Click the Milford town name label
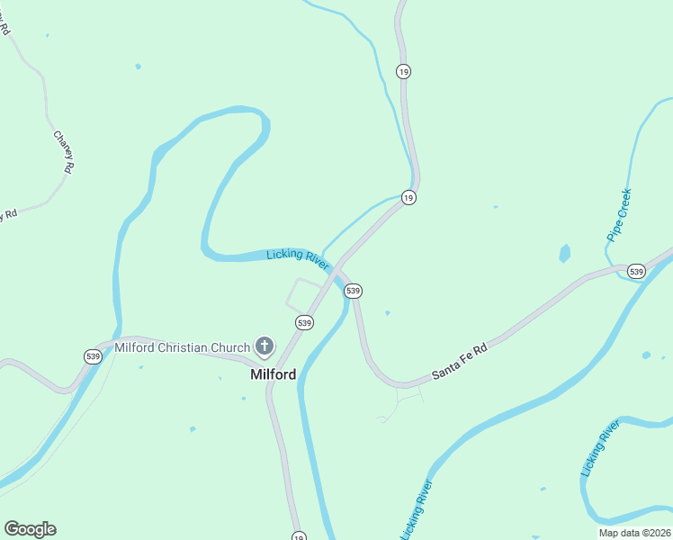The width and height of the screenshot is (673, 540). pos(273,374)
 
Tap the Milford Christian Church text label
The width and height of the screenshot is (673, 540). pos(184,347)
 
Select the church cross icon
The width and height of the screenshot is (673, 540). pos(265,346)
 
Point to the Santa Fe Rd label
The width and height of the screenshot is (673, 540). pos(459,360)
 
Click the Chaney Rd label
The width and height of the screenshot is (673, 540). pos(63,151)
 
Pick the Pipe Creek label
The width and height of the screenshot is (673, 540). pos(620,215)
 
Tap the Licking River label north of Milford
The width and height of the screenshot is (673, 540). pos(299,259)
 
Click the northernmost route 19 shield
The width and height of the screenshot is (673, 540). pos(404,72)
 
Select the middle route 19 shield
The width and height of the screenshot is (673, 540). pos(408,197)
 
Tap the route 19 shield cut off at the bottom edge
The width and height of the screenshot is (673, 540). pos(298,536)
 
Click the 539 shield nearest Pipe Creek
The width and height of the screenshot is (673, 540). pos(636,271)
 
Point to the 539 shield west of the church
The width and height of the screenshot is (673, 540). pos(93,356)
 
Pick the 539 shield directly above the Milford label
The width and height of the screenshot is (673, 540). pos(304,322)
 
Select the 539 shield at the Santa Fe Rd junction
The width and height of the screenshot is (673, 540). pos(353,291)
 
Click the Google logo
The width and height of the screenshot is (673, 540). pos(30,529)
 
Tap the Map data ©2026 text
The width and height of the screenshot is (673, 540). pos(634,533)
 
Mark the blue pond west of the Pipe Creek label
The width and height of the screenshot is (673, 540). pos(564,253)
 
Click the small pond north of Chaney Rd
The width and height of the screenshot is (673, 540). pos(138,67)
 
